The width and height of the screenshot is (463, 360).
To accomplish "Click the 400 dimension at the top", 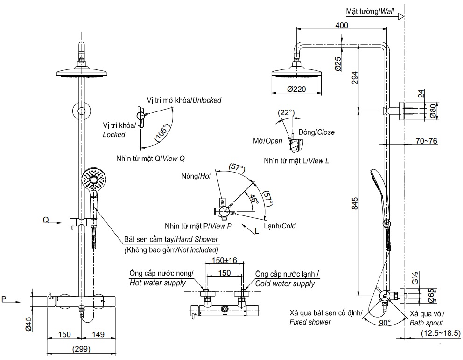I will pos(342,25).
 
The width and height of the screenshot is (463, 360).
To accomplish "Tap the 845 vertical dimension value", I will pos(355,203).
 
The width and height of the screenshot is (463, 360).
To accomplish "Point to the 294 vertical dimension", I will pos(355,78).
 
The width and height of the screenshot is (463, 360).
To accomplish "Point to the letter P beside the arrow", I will pos(4,299).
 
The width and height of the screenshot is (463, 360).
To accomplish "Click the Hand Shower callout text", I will pos(171,240).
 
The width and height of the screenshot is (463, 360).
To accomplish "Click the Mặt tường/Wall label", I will pos(370,10).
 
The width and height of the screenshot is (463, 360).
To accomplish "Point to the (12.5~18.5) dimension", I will pos(440,333).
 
